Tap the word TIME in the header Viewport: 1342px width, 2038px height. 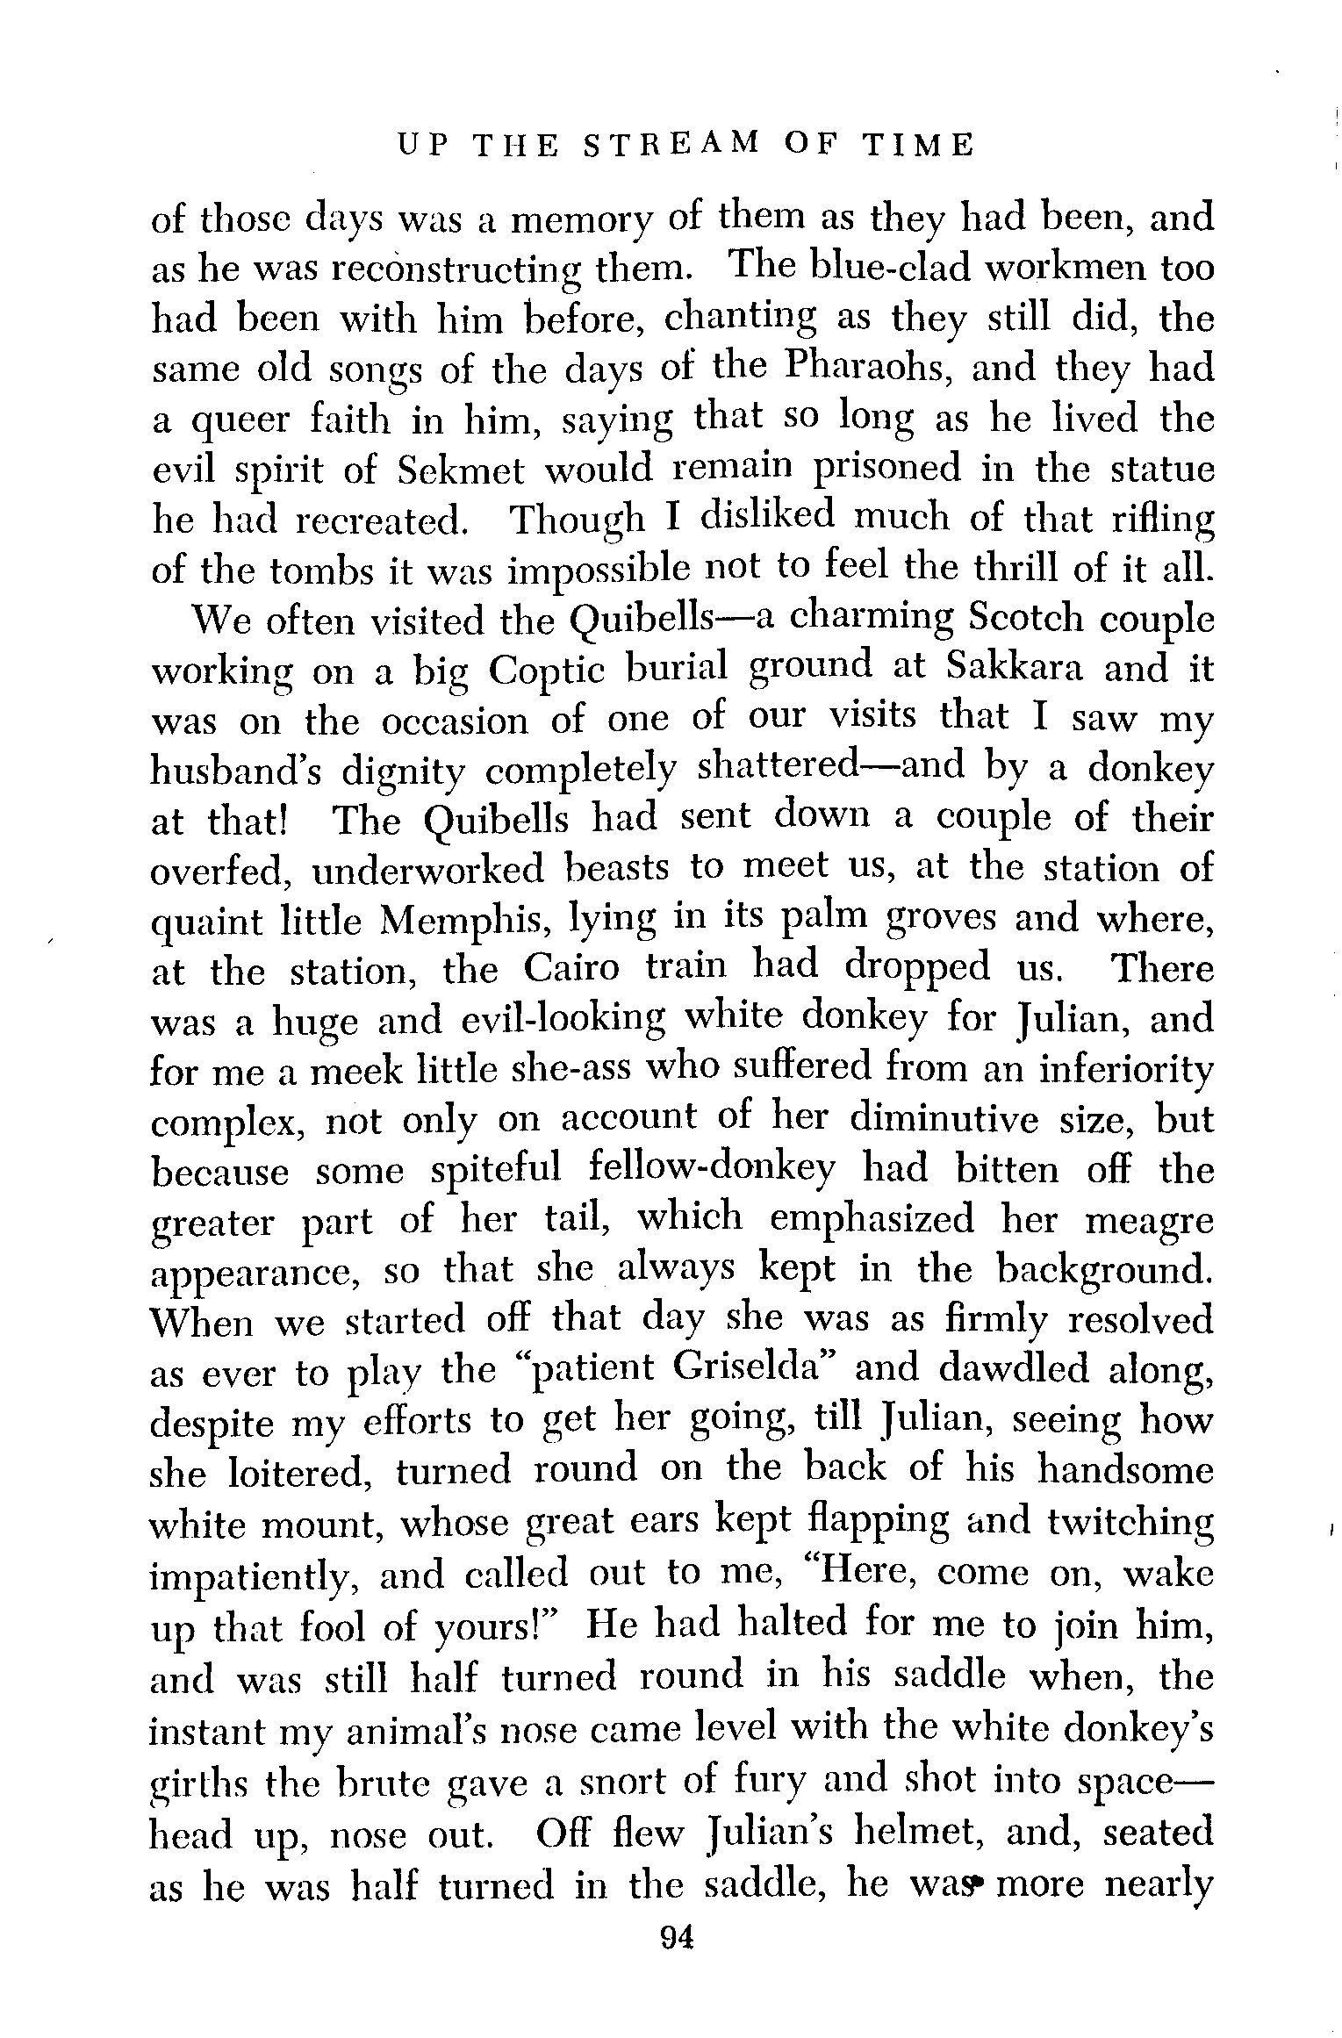click(918, 145)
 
